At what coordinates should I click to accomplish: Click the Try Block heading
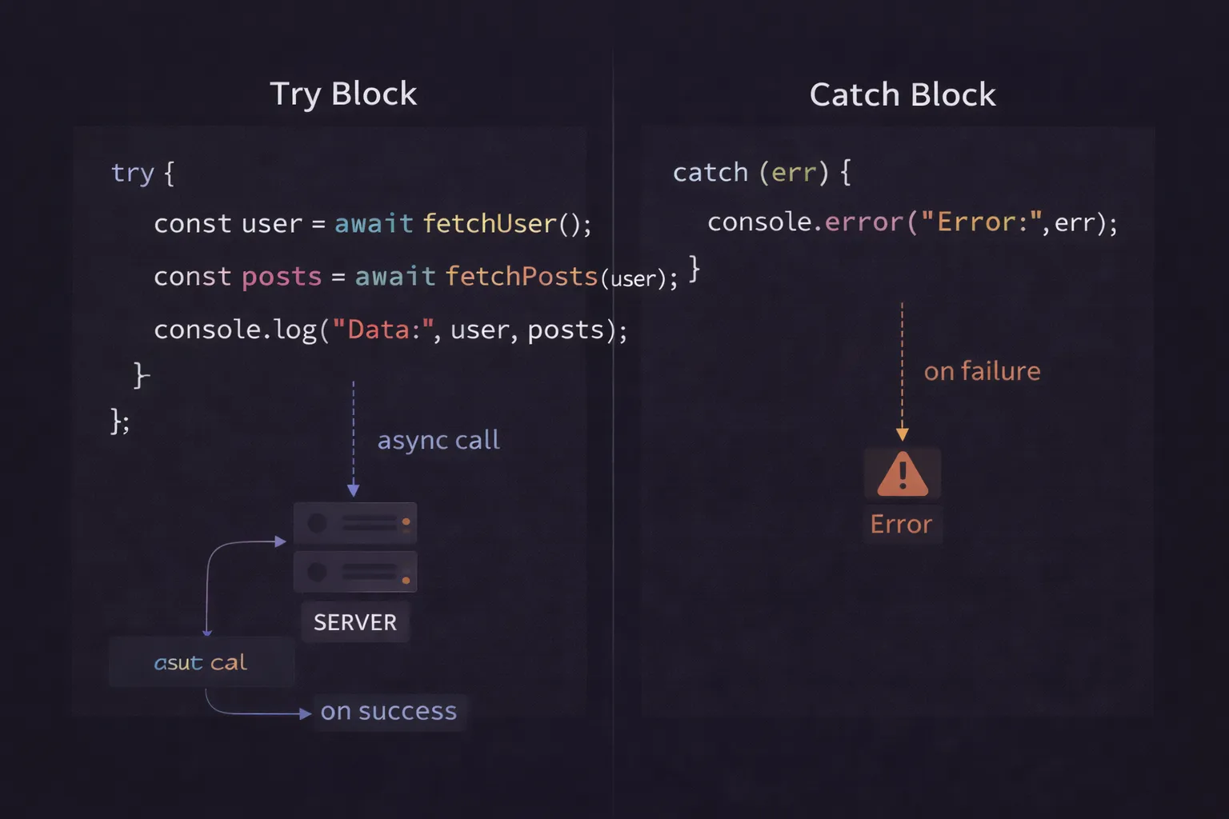coord(343,94)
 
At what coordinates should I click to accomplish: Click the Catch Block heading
coord(903,95)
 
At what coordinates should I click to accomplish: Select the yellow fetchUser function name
coord(489,224)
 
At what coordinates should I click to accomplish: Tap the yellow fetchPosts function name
coord(521,277)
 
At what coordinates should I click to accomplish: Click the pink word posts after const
coord(281,277)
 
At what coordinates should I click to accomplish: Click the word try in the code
coord(132,174)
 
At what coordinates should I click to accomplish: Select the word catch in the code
coord(710,173)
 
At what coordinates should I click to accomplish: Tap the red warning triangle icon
coord(902,474)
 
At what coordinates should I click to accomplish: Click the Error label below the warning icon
coord(901,525)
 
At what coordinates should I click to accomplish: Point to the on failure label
coord(982,371)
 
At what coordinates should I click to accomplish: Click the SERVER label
coord(354,622)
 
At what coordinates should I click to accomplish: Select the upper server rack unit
coord(354,523)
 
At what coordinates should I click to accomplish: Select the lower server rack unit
coord(354,572)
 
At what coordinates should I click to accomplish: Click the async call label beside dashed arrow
coord(438,440)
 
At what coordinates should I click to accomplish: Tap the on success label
coord(388,711)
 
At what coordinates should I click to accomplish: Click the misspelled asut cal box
coord(201,662)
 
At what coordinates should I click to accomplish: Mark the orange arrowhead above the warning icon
coord(902,434)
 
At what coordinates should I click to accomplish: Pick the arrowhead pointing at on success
coord(305,713)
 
